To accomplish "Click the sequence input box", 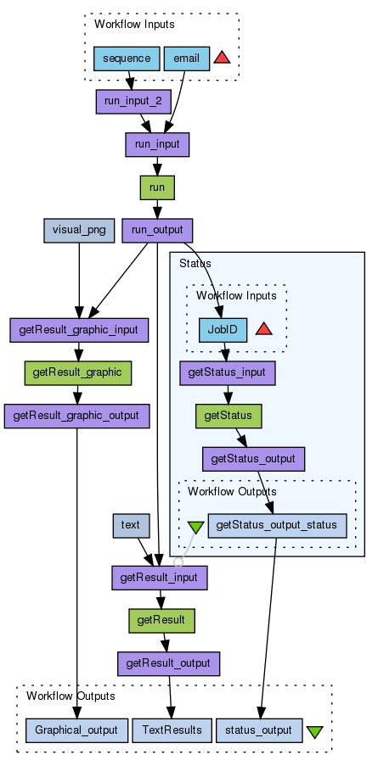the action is [127, 59].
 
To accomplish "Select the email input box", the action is [187, 59].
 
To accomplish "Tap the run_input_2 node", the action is [133, 102].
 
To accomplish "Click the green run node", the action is [157, 187].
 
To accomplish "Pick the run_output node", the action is [157, 231].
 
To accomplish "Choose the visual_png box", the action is [79, 231].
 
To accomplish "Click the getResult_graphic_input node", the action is [79, 330].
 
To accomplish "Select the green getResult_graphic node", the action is [78, 373].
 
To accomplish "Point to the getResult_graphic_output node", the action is [76, 417].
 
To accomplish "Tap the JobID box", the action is [223, 330].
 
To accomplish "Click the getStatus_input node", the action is [228, 373].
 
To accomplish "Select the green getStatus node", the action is [228, 417].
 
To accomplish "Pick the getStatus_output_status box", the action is [277, 526].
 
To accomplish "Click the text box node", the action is [131, 526].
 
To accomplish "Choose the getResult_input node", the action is [160, 578].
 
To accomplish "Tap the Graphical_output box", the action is [76, 731].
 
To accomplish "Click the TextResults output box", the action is [172, 731].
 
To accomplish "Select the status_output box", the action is [259, 731].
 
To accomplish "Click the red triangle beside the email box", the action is [222, 58].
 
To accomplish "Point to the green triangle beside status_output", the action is [315, 732].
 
